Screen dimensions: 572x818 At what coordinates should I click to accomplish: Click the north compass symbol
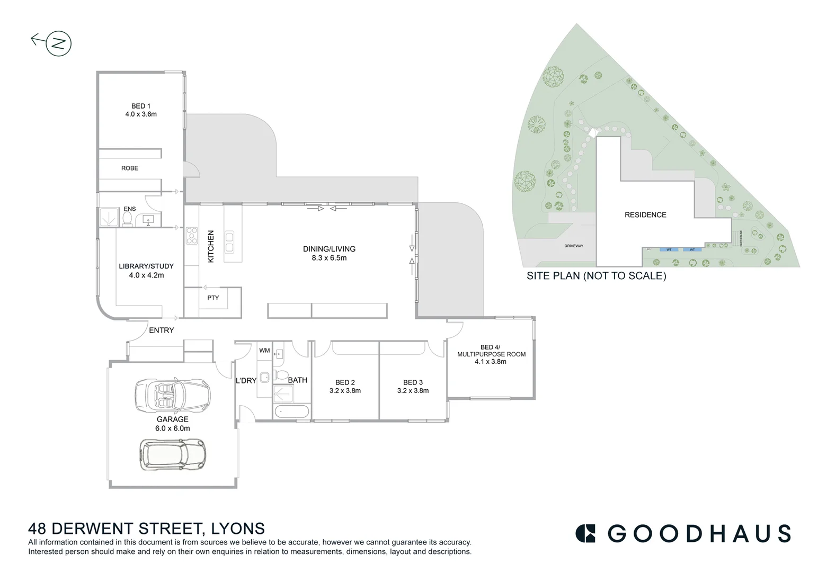point(58,43)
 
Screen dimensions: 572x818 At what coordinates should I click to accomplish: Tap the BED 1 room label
point(141,106)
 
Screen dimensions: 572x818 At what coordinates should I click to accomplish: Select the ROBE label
point(129,168)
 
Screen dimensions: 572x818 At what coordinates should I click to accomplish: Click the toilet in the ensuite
point(128,219)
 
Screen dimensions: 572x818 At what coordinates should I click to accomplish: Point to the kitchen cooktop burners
point(191,236)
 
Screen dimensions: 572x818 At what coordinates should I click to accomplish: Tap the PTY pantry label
point(213,298)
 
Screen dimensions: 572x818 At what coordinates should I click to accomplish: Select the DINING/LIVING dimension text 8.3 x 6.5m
point(329,258)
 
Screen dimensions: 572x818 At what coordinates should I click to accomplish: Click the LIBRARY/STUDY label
point(146,266)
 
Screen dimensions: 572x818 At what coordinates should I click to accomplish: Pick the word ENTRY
point(161,330)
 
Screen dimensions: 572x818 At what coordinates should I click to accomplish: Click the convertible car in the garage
point(173,395)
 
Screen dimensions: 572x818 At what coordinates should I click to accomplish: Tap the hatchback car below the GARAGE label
point(173,454)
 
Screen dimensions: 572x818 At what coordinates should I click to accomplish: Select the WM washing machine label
point(264,351)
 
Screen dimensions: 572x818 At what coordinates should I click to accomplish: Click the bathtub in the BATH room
point(292,412)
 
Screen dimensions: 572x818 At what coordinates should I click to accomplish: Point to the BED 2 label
point(345,382)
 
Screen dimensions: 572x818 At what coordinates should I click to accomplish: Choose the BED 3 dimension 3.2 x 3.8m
point(413,391)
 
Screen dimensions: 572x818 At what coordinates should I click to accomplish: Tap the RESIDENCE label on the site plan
point(645,215)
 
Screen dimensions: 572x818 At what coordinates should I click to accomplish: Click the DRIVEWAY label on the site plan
point(573,246)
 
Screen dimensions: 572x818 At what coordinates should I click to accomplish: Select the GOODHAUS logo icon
point(585,533)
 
